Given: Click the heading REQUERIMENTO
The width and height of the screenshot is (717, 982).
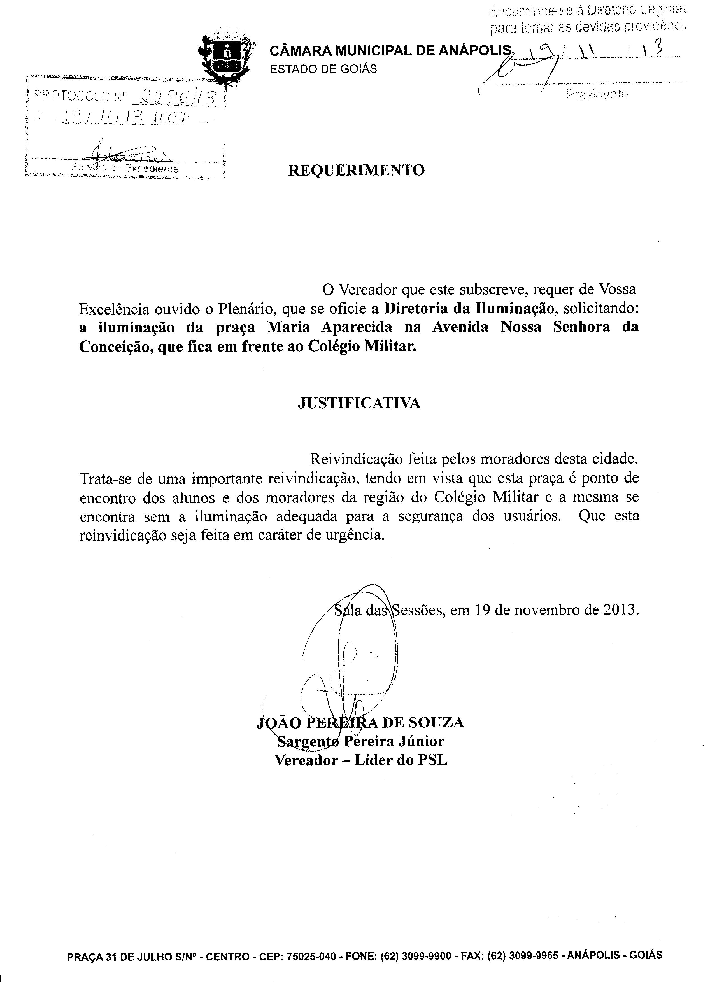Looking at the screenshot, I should coord(356,170).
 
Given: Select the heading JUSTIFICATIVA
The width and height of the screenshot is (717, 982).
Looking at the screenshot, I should coord(359,403).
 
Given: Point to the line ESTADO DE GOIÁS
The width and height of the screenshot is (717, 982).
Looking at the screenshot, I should coord(323,69).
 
